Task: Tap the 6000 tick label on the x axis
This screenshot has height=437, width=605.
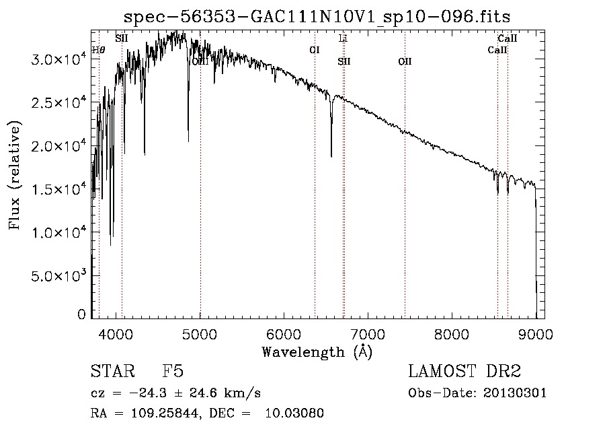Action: coord(284,333)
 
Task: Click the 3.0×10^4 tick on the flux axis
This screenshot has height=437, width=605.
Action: coord(58,60)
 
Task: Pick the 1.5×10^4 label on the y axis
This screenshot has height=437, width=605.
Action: coord(58,190)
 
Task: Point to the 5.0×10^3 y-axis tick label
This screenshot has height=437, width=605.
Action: coord(58,276)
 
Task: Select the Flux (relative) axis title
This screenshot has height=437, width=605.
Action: coord(15,175)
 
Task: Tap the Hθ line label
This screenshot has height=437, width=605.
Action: coord(98,50)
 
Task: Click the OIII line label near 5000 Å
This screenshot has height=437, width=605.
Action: coord(200,61)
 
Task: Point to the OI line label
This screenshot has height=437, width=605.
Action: coord(314,50)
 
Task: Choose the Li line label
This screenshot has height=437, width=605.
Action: coord(343,39)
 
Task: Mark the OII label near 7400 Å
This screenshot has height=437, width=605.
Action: coord(405,61)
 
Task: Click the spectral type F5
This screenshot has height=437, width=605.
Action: coord(173,372)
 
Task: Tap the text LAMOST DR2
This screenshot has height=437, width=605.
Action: coord(465,372)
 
